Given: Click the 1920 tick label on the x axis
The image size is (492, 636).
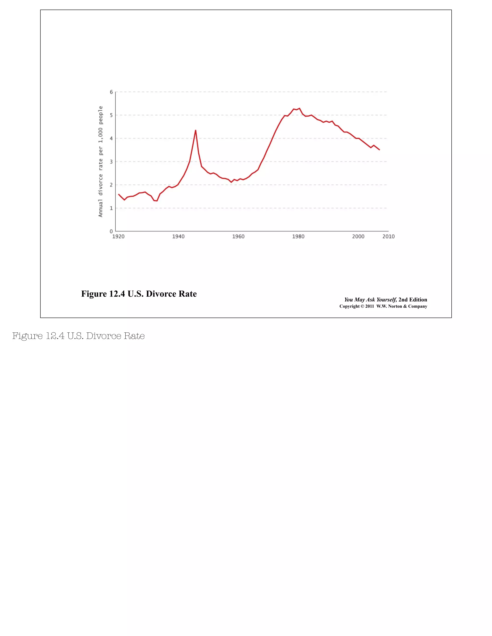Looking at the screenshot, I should (118, 236).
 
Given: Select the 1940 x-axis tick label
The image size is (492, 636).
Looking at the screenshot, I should (178, 236).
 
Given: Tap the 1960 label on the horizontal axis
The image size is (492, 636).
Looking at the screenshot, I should (238, 236).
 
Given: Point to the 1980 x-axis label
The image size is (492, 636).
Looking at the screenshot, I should (298, 236).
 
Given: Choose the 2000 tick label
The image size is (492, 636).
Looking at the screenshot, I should (358, 236).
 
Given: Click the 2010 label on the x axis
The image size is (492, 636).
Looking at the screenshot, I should (388, 236).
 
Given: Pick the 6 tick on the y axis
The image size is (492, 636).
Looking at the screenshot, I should (111, 92).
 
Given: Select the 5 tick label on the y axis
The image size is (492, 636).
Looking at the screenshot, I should (111, 115).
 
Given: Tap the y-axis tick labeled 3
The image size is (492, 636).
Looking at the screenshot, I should (111, 162).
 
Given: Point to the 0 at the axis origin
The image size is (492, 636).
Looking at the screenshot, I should (111, 232).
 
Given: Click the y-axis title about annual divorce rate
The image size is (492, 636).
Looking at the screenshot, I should (101, 162).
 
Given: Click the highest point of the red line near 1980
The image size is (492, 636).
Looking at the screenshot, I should (299, 108).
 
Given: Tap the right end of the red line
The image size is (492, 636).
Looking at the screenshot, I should (379, 150).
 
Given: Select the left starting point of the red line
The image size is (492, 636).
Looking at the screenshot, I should (119, 194).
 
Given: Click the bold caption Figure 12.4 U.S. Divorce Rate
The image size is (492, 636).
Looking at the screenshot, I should (139, 294).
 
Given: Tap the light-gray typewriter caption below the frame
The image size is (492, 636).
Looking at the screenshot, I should (78, 336).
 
